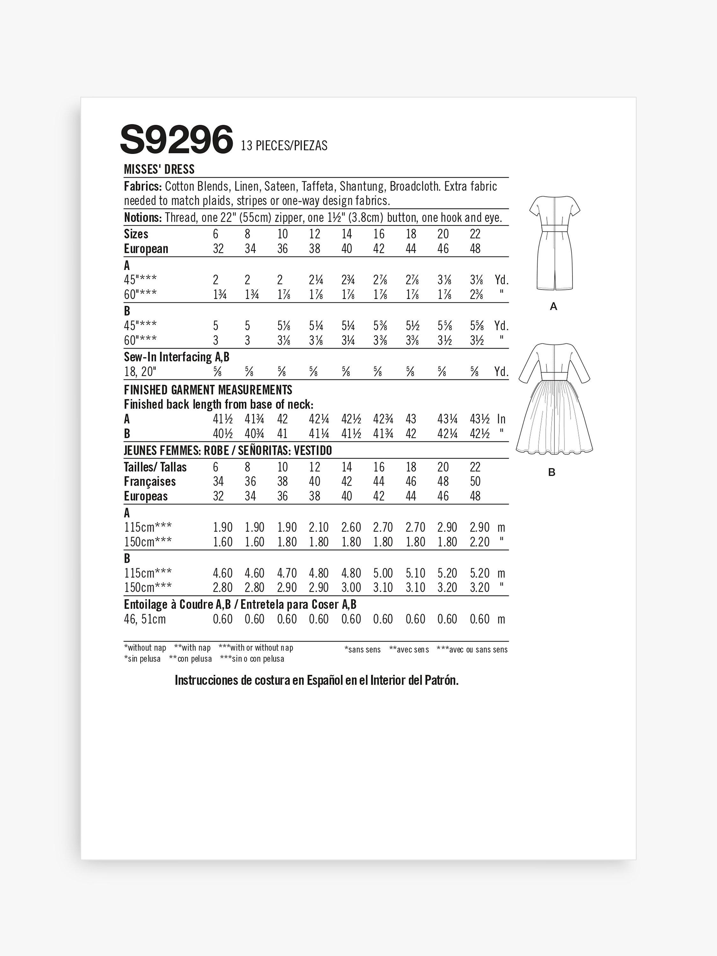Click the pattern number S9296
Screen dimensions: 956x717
(176, 139)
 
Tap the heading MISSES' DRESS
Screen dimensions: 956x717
(159, 170)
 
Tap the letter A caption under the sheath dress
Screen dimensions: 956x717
(554, 307)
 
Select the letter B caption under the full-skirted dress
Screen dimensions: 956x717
(552, 472)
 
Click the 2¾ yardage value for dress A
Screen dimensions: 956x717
(348, 280)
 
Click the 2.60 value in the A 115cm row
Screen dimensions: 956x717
(351, 527)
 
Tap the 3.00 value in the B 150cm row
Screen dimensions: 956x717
(351, 588)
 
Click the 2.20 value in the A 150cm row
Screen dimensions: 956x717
(479, 542)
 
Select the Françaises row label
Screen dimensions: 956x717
(149, 482)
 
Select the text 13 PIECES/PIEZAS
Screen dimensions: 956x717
(284, 146)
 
